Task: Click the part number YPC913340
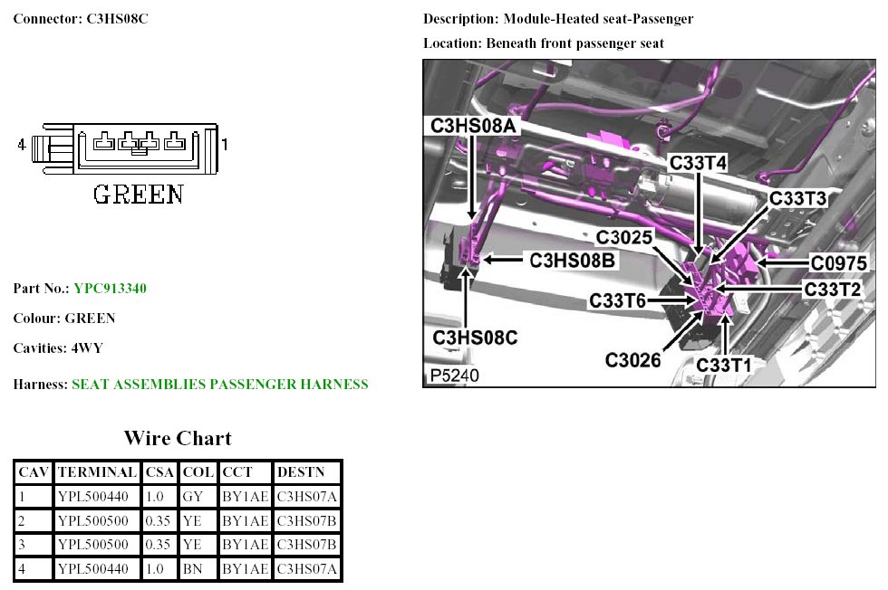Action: pyautogui.click(x=110, y=289)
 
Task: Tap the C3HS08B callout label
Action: pyautogui.click(x=573, y=261)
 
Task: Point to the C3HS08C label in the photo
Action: pyautogui.click(x=475, y=338)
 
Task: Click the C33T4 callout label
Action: pyautogui.click(x=699, y=163)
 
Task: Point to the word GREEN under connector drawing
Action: pyautogui.click(x=139, y=194)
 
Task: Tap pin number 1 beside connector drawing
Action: pyautogui.click(x=225, y=144)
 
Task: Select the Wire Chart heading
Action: pyautogui.click(x=177, y=439)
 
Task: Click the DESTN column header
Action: pyautogui.click(x=296, y=472)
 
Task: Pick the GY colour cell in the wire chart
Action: pyautogui.click(x=192, y=496)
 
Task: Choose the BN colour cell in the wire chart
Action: pyautogui.click(x=192, y=569)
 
